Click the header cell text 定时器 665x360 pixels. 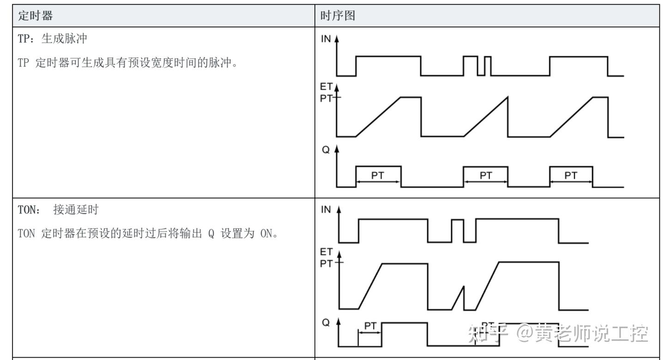click(35, 15)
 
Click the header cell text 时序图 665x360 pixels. click(338, 15)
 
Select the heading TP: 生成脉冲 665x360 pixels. click(52, 39)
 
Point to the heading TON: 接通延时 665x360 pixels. click(58, 210)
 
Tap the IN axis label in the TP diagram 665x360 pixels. click(326, 39)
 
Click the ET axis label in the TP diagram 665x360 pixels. click(326, 86)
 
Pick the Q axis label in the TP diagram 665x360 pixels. click(326, 150)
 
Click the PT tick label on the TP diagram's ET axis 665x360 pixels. click(326, 98)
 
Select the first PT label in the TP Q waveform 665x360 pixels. click(378, 175)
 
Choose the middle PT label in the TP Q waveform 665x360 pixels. click(486, 175)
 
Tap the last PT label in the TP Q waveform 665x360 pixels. click(571, 175)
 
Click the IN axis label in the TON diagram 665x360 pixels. click(326, 210)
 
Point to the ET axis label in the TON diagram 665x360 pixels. click(326, 252)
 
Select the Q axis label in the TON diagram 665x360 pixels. click(326, 323)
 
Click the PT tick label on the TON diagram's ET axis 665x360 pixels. click(326, 263)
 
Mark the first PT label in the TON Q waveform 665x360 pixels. click(370, 326)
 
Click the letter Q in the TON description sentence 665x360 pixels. click(211, 234)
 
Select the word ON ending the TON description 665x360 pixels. click(266, 233)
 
